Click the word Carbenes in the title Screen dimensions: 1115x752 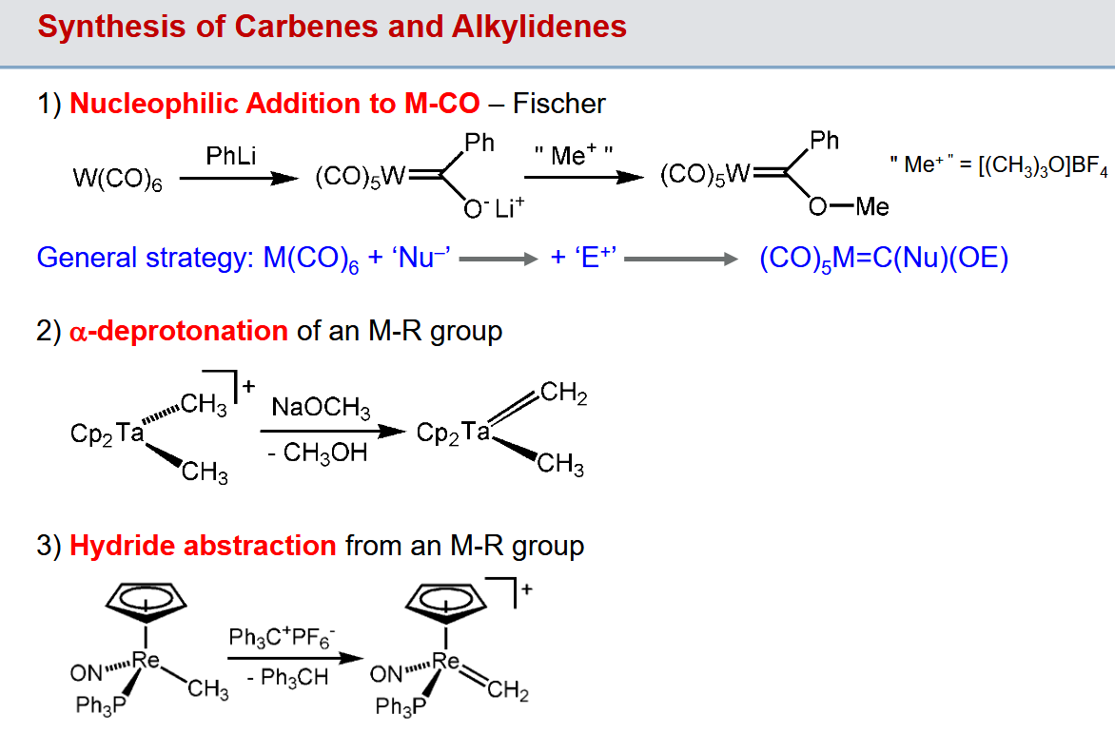click(x=306, y=27)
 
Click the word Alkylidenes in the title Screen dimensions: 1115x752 click(x=539, y=28)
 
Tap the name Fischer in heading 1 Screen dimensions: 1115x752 click(x=558, y=104)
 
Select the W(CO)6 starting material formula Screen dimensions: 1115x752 click(x=117, y=178)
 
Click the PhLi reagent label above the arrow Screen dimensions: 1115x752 click(x=231, y=156)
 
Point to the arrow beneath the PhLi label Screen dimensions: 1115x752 click(x=239, y=179)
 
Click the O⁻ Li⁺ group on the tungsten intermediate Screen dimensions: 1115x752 click(x=494, y=208)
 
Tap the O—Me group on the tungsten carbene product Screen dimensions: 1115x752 click(x=849, y=207)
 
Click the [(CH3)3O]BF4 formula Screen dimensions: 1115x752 click(x=1044, y=164)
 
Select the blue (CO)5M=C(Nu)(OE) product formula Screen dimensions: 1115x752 click(x=884, y=258)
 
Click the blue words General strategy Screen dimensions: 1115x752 click(x=145, y=258)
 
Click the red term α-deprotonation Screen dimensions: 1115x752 click(x=179, y=331)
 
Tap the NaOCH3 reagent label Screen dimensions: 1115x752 click(x=321, y=407)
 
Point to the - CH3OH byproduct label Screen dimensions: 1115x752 click(x=318, y=452)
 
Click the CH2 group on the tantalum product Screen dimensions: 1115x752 click(x=564, y=393)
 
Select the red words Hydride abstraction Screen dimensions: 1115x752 click(x=203, y=546)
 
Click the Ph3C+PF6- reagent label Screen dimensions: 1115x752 click(x=282, y=638)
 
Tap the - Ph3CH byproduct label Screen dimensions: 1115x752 click(x=288, y=677)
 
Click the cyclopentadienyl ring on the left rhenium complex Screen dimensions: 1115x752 click(x=146, y=600)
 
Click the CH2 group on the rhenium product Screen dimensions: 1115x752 click(x=508, y=690)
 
